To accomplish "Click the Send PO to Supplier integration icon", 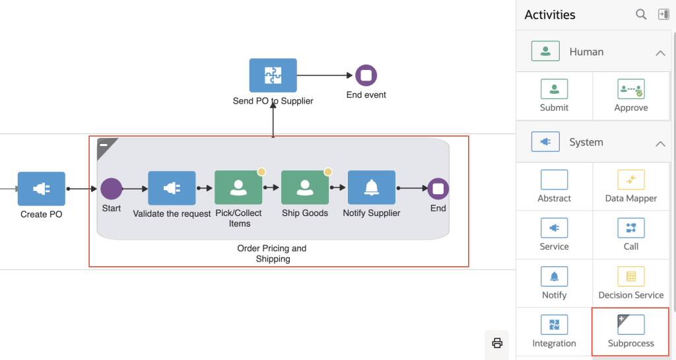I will pyautogui.click(x=273, y=75).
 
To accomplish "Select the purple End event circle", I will pyautogui.click(x=366, y=75).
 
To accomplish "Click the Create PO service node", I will pyautogui.click(x=42, y=188).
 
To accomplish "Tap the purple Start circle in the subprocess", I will pyautogui.click(x=112, y=188).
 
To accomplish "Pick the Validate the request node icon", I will pyautogui.click(x=172, y=188).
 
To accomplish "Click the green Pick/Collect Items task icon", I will pyautogui.click(x=238, y=188).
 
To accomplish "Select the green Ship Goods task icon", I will pyautogui.click(x=305, y=188).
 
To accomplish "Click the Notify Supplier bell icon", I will pyautogui.click(x=372, y=188).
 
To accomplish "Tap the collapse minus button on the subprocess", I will pyautogui.click(x=104, y=145).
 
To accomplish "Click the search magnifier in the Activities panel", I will pyautogui.click(x=641, y=15).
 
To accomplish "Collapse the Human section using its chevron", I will pyautogui.click(x=660, y=52).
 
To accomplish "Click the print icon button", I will pyautogui.click(x=497, y=343).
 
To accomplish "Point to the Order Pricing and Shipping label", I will pyautogui.click(x=272, y=254).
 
